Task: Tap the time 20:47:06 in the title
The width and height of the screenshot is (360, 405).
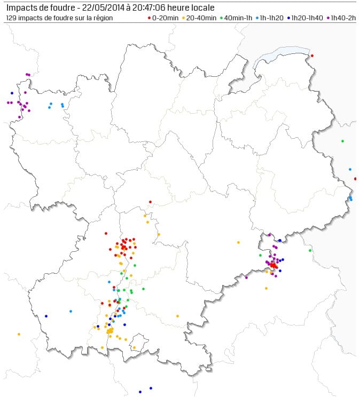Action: point(149,7)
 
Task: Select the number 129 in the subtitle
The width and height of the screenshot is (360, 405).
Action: point(12,18)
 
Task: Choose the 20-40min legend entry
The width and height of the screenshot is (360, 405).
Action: point(200,18)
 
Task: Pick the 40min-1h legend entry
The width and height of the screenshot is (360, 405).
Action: point(238,18)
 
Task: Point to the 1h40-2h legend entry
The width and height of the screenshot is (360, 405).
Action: point(343,18)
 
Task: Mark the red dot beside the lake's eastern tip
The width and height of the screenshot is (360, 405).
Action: point(312,55)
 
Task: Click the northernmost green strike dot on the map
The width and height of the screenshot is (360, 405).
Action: point(342,141)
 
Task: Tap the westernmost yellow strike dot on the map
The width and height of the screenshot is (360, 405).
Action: point(19,334)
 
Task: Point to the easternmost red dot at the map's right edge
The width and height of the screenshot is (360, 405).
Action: point(355,179)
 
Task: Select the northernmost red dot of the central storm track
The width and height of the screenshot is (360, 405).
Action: point(150,202)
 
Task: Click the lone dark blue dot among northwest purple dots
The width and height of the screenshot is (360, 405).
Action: point(12,93)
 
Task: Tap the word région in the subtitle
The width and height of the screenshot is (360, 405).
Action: point(103,18)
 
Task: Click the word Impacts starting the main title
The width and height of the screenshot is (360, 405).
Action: point(21,7)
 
